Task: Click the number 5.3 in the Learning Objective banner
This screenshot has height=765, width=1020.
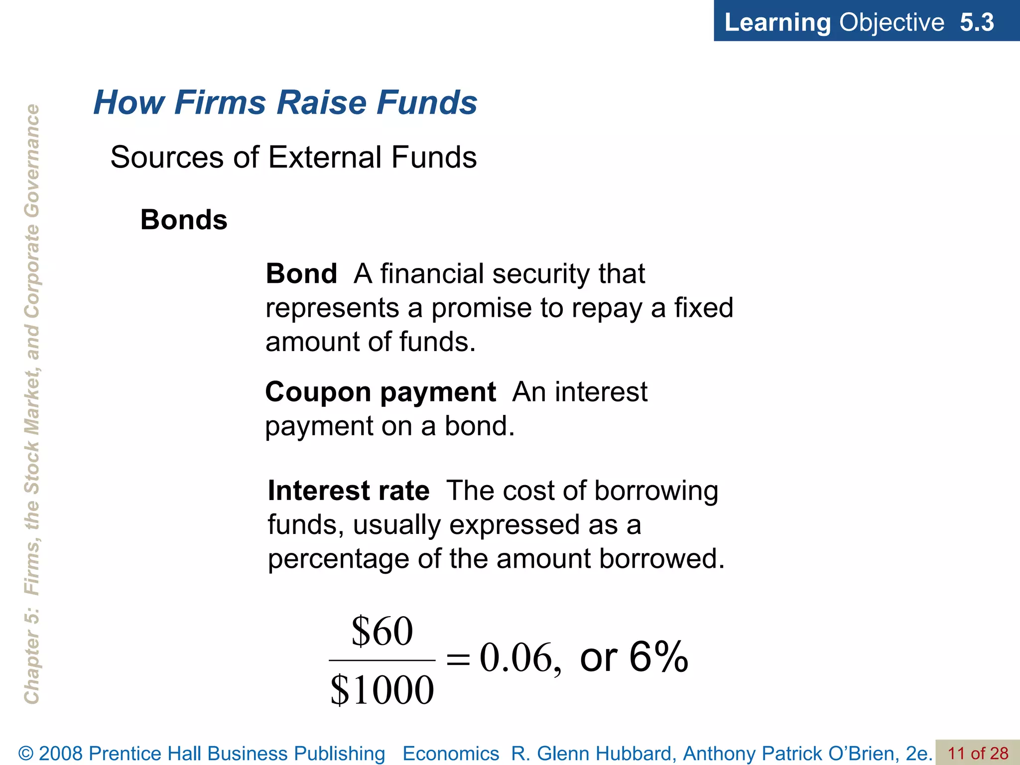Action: pyautogui.click(x=976, y=22)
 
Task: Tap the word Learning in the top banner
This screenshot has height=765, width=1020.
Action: pyautogui.click(x=777, y=22)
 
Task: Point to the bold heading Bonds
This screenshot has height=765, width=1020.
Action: pyautogui.click(x=184, y=220)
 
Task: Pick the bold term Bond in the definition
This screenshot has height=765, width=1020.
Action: pyautogui.click(x=301, y=274)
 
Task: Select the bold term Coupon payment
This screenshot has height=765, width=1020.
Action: pyautogui.click(x=381, y=392)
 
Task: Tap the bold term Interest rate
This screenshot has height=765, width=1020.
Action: pyautogui.click(x=349, y=491)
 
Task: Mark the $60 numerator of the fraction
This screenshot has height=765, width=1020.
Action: pyautogui.click(x=382, y=631)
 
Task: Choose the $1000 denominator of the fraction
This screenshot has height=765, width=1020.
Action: pyautogui.click(x=382, y=690)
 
